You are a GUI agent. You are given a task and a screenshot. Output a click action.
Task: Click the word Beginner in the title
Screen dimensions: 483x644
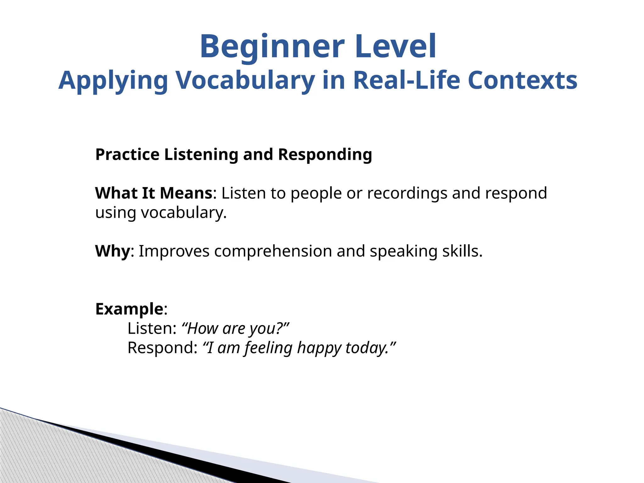click(272, 47)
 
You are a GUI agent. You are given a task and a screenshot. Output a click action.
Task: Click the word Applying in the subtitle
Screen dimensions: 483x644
click(113, 81)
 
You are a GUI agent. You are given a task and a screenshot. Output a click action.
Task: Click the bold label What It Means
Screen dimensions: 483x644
click(154, 193)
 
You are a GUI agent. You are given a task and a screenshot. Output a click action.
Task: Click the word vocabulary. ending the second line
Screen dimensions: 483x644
click(184, 213)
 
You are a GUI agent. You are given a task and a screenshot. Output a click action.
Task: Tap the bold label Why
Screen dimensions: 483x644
click(112, 251)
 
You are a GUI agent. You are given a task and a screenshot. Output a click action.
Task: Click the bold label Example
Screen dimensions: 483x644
click(129, 309)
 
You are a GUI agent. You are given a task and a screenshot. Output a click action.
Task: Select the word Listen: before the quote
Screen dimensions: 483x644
click(152, 329)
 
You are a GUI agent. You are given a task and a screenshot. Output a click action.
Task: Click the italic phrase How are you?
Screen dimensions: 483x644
click(235, 329)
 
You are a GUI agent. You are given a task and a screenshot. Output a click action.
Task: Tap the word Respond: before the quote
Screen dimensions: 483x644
click(162, 348)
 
